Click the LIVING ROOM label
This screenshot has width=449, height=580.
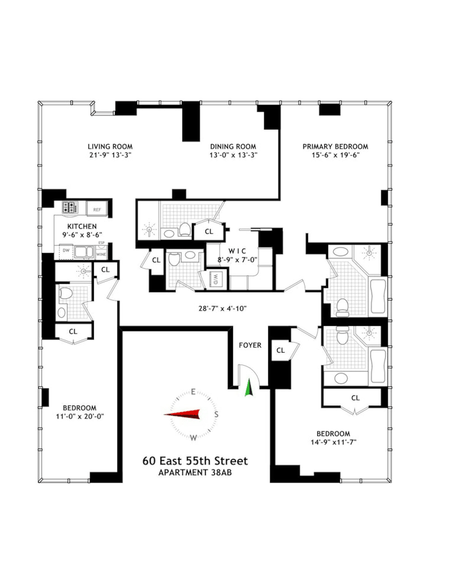pos(110,146)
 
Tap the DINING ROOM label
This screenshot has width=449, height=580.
pos(233,146)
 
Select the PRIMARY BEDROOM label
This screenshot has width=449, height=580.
pos(335,146)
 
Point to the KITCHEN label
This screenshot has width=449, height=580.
pos(82,226)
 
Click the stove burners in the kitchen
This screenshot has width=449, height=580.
pos(70,207)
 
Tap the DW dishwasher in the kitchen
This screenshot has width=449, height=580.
pos(66,251)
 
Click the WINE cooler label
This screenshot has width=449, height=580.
pos(101,254)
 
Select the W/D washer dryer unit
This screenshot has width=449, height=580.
pos(215,277)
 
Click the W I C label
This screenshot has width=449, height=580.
pos(237,251)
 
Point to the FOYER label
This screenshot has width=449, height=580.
pos(250,345)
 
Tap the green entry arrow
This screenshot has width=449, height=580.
pos(248,387)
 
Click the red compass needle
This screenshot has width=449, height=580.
pos(182,414)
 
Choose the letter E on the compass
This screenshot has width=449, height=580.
pos(193,392)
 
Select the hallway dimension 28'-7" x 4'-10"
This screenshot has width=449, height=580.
pos(222,308)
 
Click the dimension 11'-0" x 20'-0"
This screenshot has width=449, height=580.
pos(80,416)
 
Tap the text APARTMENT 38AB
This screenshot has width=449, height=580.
pos(195,472)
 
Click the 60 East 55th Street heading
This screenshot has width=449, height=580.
pos(195,461)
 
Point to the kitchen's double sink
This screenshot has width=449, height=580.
pos(84,252)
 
